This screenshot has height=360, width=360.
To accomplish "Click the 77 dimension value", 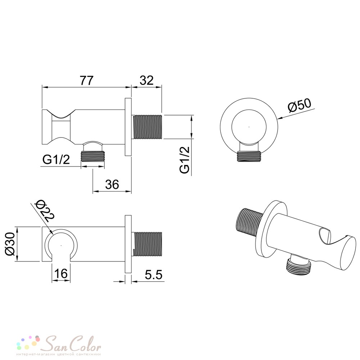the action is [x=86, y=80].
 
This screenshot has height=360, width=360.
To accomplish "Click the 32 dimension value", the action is [x=146, y=80].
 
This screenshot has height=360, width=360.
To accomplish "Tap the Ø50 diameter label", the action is [x=300, y=105].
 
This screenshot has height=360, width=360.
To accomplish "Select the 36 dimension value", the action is [x=112, y=184].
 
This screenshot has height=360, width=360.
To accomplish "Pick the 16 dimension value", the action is [x=61, y=273].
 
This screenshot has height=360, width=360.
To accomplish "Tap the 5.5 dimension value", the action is [x=154, y=275].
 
